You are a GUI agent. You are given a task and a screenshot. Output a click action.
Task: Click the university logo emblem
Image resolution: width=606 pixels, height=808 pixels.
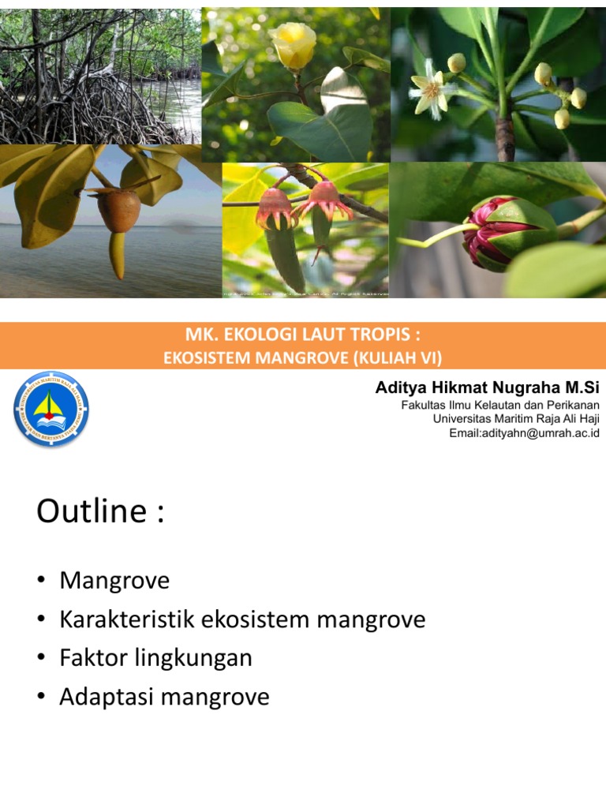point(51,410)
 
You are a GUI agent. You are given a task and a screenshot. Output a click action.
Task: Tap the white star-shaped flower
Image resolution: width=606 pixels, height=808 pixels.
point(431,88)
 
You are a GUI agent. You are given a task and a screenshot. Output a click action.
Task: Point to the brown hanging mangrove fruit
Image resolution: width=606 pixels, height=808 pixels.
point(119,211)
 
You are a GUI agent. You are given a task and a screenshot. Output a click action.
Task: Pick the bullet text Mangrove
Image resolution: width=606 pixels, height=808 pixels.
point(114,582)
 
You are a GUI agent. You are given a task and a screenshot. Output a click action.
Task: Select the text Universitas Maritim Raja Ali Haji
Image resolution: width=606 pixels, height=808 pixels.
point(516,419)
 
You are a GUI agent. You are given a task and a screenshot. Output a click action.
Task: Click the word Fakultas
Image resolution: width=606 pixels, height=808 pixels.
point(425,405)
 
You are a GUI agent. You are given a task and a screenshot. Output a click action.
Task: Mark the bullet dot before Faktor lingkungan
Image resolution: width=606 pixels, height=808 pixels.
point(41,659)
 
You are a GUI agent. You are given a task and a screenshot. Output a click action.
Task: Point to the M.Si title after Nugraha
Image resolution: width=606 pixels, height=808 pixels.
point(582,387)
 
